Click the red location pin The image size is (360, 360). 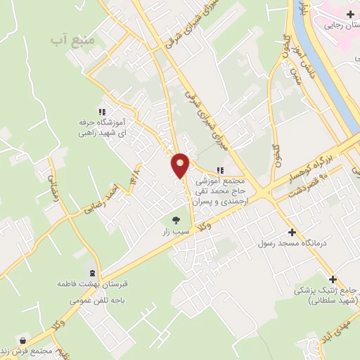[x=181, y=165]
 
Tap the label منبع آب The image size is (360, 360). [x=72, y=41]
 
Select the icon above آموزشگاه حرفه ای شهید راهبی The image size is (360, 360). [x=103, y=111]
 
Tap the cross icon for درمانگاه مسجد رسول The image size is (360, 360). [x=292, y=232]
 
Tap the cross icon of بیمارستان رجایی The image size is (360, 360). [x=349, y=13]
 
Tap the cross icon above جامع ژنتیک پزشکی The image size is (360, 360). [x=333, y=278]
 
